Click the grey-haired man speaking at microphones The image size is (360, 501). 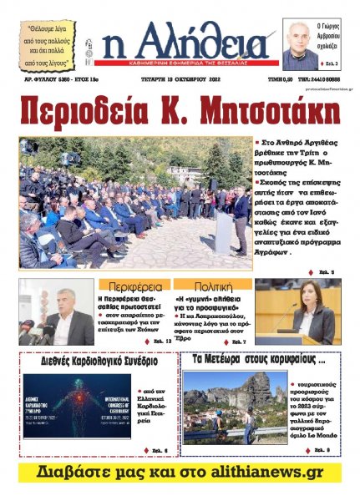67,313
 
